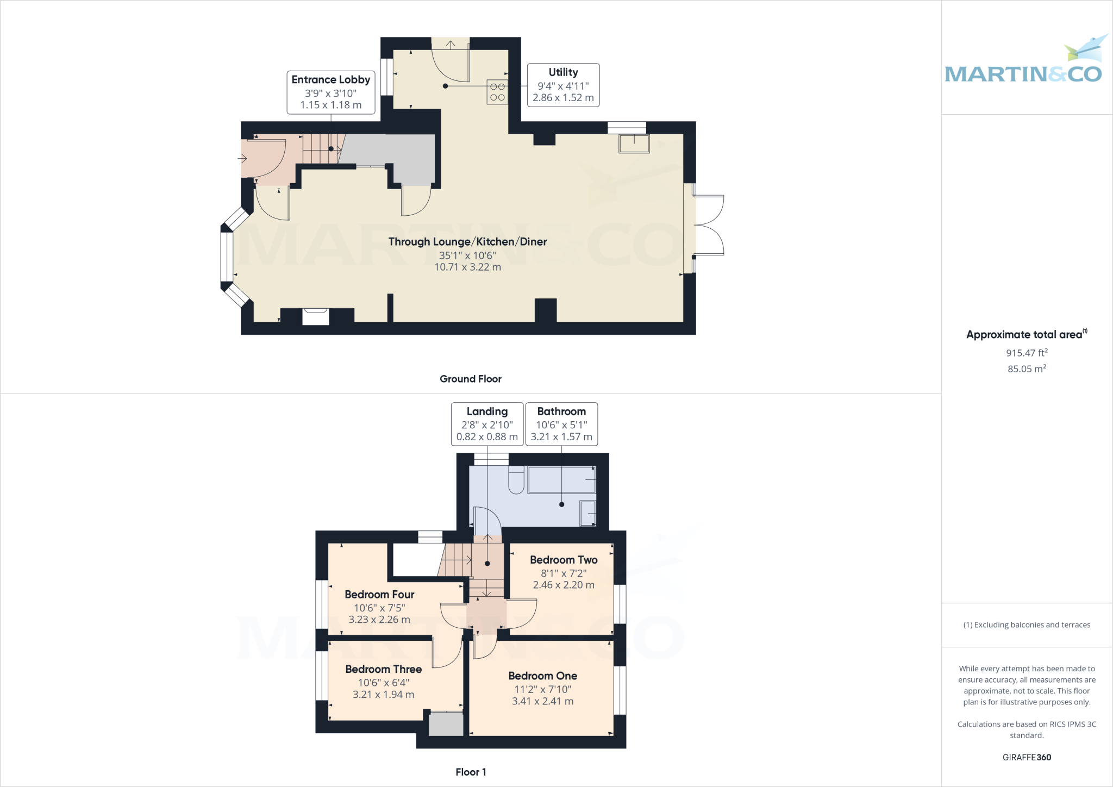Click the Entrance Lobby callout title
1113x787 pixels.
click(330, 80)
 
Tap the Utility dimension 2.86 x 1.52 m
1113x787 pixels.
click(563, 98)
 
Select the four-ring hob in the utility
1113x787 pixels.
click(497, 92)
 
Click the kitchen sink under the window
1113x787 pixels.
click(634, 144)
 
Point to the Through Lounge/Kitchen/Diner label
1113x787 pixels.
click(467, 242)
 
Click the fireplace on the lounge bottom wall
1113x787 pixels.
click(316, 316)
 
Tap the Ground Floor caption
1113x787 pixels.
click(471, 379)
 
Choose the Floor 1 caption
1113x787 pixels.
click(471, 772)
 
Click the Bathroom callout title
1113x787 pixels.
click(561, 411)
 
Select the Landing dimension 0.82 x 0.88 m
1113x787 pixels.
click(487, 437)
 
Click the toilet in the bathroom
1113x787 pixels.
click(516, 480)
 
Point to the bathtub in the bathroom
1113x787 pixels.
click(561, 479)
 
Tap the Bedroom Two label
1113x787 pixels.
click(564, 560)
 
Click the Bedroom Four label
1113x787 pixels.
click(379, 595)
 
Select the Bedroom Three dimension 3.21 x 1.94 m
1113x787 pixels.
click(383, 695)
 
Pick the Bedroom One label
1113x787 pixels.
click(542, 676)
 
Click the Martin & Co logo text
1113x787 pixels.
click(1023, 74)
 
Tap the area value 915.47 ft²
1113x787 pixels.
click(1027, 353)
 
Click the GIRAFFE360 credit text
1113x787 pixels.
click(1027, 757)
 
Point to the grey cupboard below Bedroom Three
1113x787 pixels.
click(446, 724)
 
